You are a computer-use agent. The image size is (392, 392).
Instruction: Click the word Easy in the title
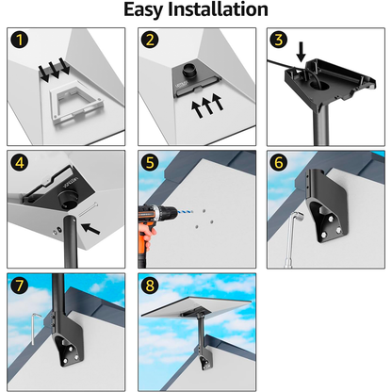[144, 10]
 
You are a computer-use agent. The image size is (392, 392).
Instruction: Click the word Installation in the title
[218, 9]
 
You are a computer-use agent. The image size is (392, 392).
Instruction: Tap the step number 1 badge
[20, 40]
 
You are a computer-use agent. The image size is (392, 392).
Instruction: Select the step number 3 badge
[279, 40]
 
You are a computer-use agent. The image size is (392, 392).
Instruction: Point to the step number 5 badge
[150, 163]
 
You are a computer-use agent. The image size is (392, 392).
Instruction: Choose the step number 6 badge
[279, 163]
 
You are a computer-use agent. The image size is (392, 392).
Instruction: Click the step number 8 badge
[150, 286]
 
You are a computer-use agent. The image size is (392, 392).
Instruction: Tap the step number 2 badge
[150, 40]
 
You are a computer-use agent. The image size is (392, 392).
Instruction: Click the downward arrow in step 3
[301, 52]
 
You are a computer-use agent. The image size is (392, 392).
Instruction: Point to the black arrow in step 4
[90, 228]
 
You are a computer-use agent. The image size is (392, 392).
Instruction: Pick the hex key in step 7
[34, 328]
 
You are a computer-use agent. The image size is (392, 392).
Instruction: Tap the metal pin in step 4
[89, 209]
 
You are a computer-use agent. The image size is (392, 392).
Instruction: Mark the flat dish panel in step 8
[197, 306]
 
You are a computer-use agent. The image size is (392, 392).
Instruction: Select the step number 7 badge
[20, 286]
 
